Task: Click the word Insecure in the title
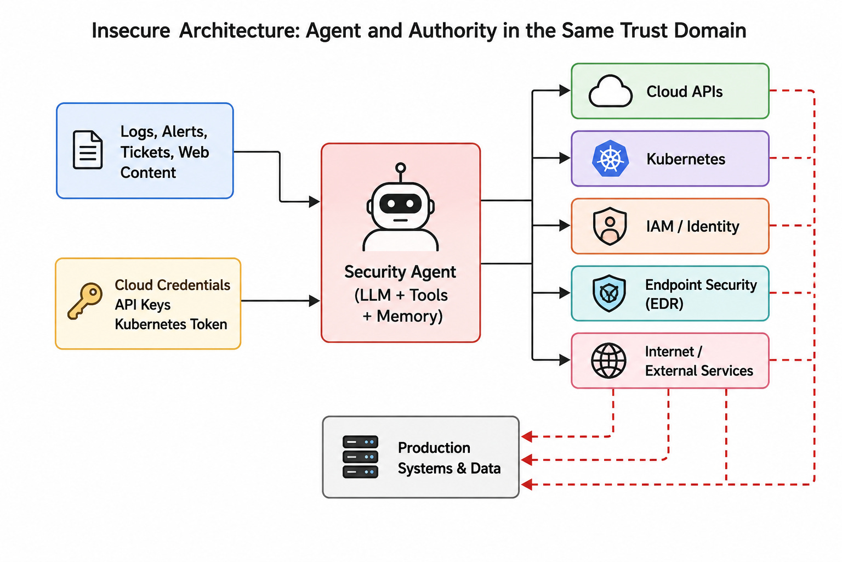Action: pos(131,31)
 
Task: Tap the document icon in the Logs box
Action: pos(88,149)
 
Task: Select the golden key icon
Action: pos(85,301)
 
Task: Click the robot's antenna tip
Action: pos(401,167)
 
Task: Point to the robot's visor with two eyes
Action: pos(400,204)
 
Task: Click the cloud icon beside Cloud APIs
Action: pos(610,91)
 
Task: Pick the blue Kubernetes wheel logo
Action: pos(610,159)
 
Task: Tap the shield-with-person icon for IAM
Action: pos(610,226)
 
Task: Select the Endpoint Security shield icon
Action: pos(609,293)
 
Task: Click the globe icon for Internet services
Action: pos(608,360)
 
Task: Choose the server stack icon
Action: pos(360,457)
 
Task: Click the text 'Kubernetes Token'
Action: pos(171,324)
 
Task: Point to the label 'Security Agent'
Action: pos(400,272)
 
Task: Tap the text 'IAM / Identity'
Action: pos(692,226)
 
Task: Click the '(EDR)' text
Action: pos(664,304)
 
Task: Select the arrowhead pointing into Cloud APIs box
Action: pos(565,91)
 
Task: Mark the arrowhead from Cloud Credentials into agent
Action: pos(314,301)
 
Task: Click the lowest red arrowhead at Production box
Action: pos(527,485)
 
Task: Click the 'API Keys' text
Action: pos(143,305)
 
